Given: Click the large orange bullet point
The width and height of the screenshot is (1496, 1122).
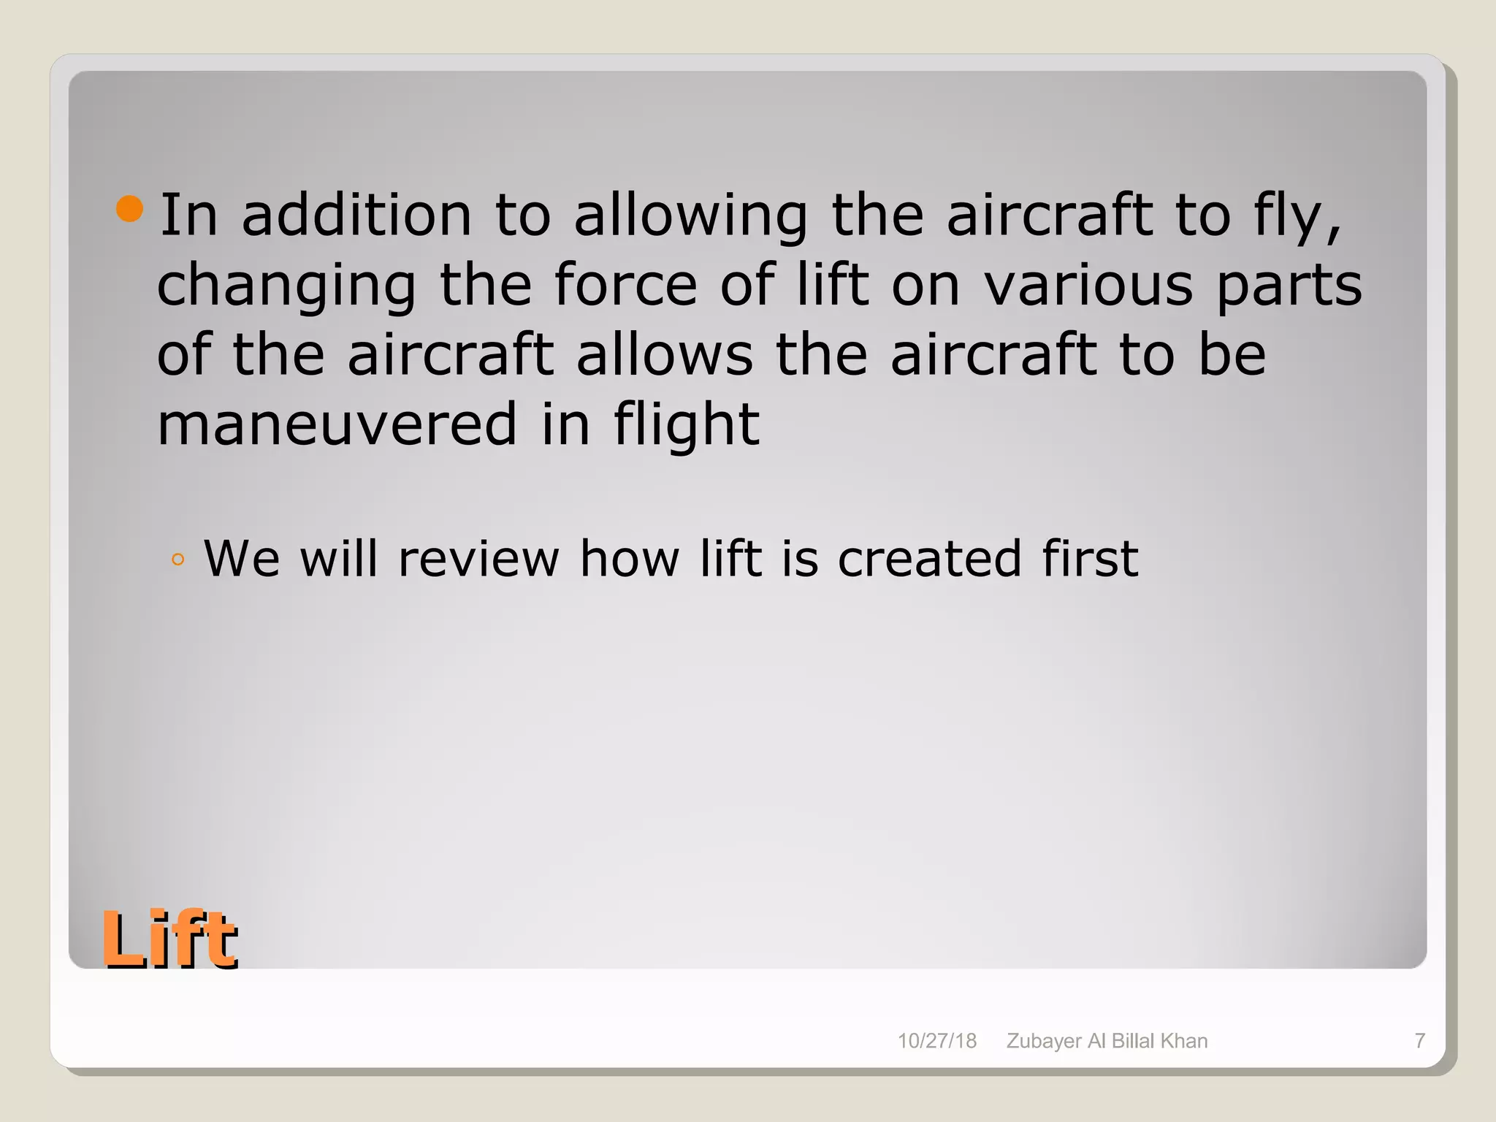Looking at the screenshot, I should tap(130, 209).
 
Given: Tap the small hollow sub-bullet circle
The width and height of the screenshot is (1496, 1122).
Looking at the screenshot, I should tap(178, 561).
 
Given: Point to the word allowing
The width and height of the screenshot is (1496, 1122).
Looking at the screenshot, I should tap(690, 216).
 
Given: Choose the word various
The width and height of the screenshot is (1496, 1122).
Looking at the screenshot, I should tap(1088, 285).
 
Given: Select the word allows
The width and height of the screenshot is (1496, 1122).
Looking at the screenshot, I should tap(664, 355).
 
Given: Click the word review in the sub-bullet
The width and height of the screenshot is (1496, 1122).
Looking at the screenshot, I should tap(478, 560).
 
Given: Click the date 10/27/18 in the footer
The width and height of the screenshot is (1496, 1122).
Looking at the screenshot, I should tap(936, 1041).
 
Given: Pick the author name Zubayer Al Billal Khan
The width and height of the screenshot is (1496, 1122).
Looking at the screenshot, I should tap(1107, 1041).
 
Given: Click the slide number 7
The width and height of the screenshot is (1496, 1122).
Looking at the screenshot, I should tap(1420, 1041).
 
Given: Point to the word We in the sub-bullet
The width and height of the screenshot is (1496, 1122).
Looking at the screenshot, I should tap(241, 560).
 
